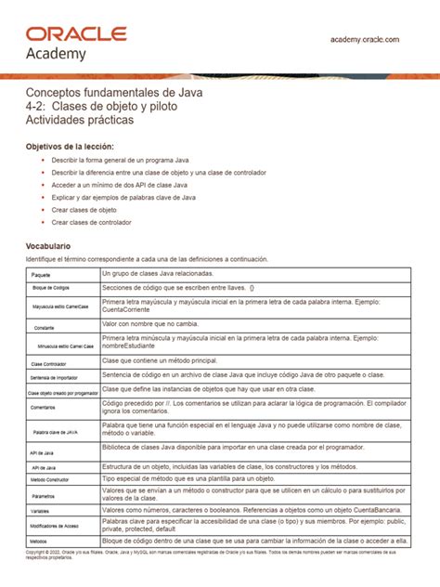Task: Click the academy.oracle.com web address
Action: coord(365,39)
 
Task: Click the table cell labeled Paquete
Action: coord(40,276)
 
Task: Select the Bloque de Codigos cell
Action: coord(49,290)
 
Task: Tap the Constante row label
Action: coord(43,328)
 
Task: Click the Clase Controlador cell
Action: coord(45,364)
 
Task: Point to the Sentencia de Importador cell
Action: coord(54,378)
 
